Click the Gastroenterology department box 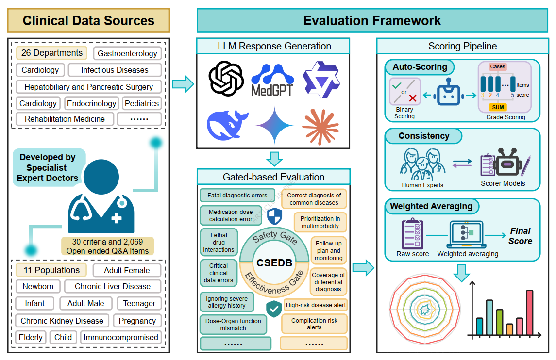(127, 53)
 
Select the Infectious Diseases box (115, 70)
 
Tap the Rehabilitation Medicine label (65, 119)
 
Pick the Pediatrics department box (142, 103)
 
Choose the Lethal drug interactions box (219, 243)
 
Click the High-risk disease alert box (316, 305)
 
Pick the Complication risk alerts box (314, 324)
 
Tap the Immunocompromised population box (121, 337)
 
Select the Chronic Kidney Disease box (62, 321)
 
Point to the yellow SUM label (498, 107)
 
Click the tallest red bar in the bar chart (529, 312)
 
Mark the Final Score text (520, 236)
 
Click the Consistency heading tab (423, 136)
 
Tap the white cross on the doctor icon (117, 218)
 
